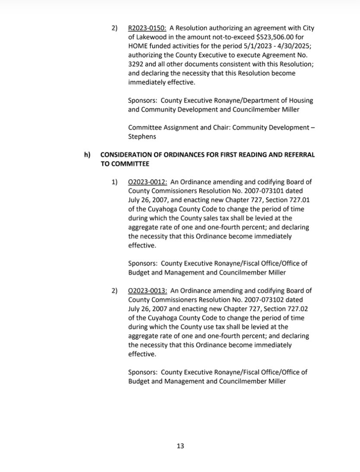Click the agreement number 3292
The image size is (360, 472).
[135, 65]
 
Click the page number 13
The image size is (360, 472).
[180, 446]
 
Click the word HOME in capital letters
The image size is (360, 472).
[138, 46]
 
